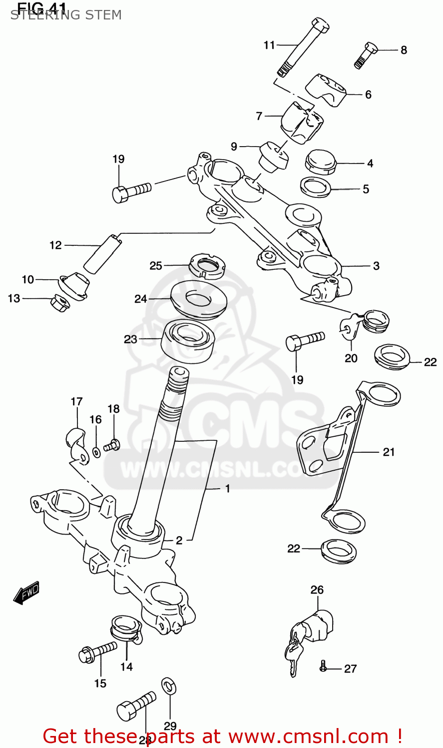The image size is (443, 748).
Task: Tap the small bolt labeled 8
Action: pyautogui.click(x=366, y=54)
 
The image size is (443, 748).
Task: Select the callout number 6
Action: pyautogui.click(x=368, y=95)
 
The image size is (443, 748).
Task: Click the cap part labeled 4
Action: pyautogui.click(x=320, y=162)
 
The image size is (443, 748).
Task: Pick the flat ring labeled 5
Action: pyautogui.click(x=316, y=187)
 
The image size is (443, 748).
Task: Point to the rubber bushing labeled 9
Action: pyautogui.click(x=273, y=156)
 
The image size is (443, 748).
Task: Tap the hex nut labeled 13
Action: pyautogui.click(x=58, y=303)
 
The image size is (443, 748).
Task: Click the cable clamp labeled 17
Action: pyautogui.click(x=77, y=445)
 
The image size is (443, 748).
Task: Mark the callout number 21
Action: pyautogui.click(x=389, y=452)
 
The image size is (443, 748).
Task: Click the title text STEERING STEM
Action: pyautogui.click(x=66, y=15)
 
